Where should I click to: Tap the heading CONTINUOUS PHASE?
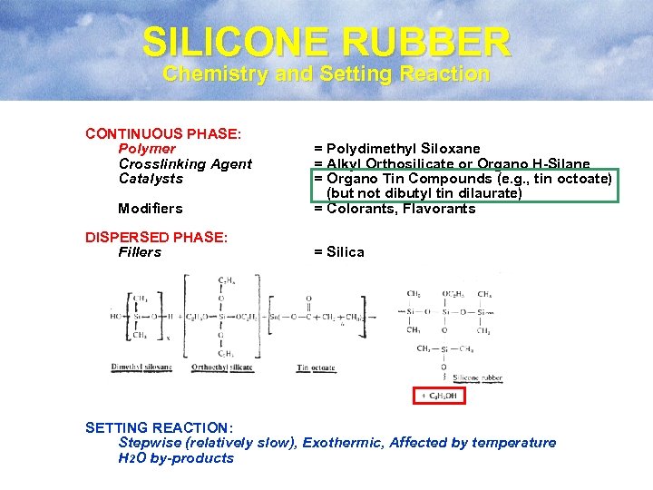click(x=163, y=133)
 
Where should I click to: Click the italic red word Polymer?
click(x=147, y=149)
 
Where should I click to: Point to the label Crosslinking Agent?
click(x=185, y=163)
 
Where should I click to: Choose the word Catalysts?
click(x=151, y=179)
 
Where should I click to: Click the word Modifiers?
click(x=151, y=209)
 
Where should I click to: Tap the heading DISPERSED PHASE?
click(x=156, y=238)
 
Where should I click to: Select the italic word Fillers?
click(x=140, y=252)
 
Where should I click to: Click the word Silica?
click(x=345, y=252)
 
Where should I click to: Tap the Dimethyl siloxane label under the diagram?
click(x=141, y=367)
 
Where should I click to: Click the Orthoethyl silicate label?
click(x=223, y=367)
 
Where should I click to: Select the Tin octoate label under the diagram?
click(x=317, y=367)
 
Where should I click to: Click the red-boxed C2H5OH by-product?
click(x=440, y=395)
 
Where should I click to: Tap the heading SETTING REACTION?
click(x=159, y=427)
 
